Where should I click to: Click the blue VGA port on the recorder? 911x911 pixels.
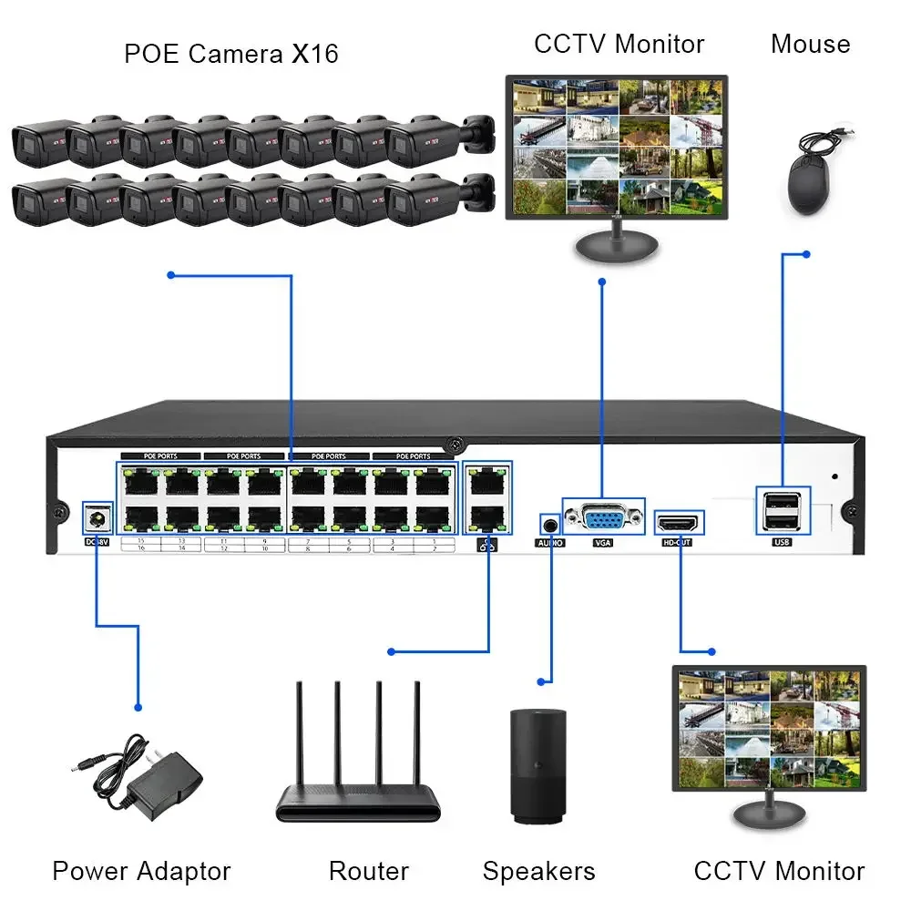pos(604,519)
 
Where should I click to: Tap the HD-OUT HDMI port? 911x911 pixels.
pos(680,523)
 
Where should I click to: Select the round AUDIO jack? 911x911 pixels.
pos(549,525)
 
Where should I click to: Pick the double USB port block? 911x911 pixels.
pos(782,509)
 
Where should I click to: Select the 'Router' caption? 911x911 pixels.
pos(368,871)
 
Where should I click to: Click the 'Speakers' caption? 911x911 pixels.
pos(538,871)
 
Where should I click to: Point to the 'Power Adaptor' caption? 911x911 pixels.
pos(141,871)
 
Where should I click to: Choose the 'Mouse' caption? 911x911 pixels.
pos(810,43)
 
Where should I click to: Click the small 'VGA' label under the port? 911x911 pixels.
pos(604,543)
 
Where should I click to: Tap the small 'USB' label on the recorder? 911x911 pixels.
pos(782,543)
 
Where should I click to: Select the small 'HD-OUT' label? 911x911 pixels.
pos(679,543)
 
